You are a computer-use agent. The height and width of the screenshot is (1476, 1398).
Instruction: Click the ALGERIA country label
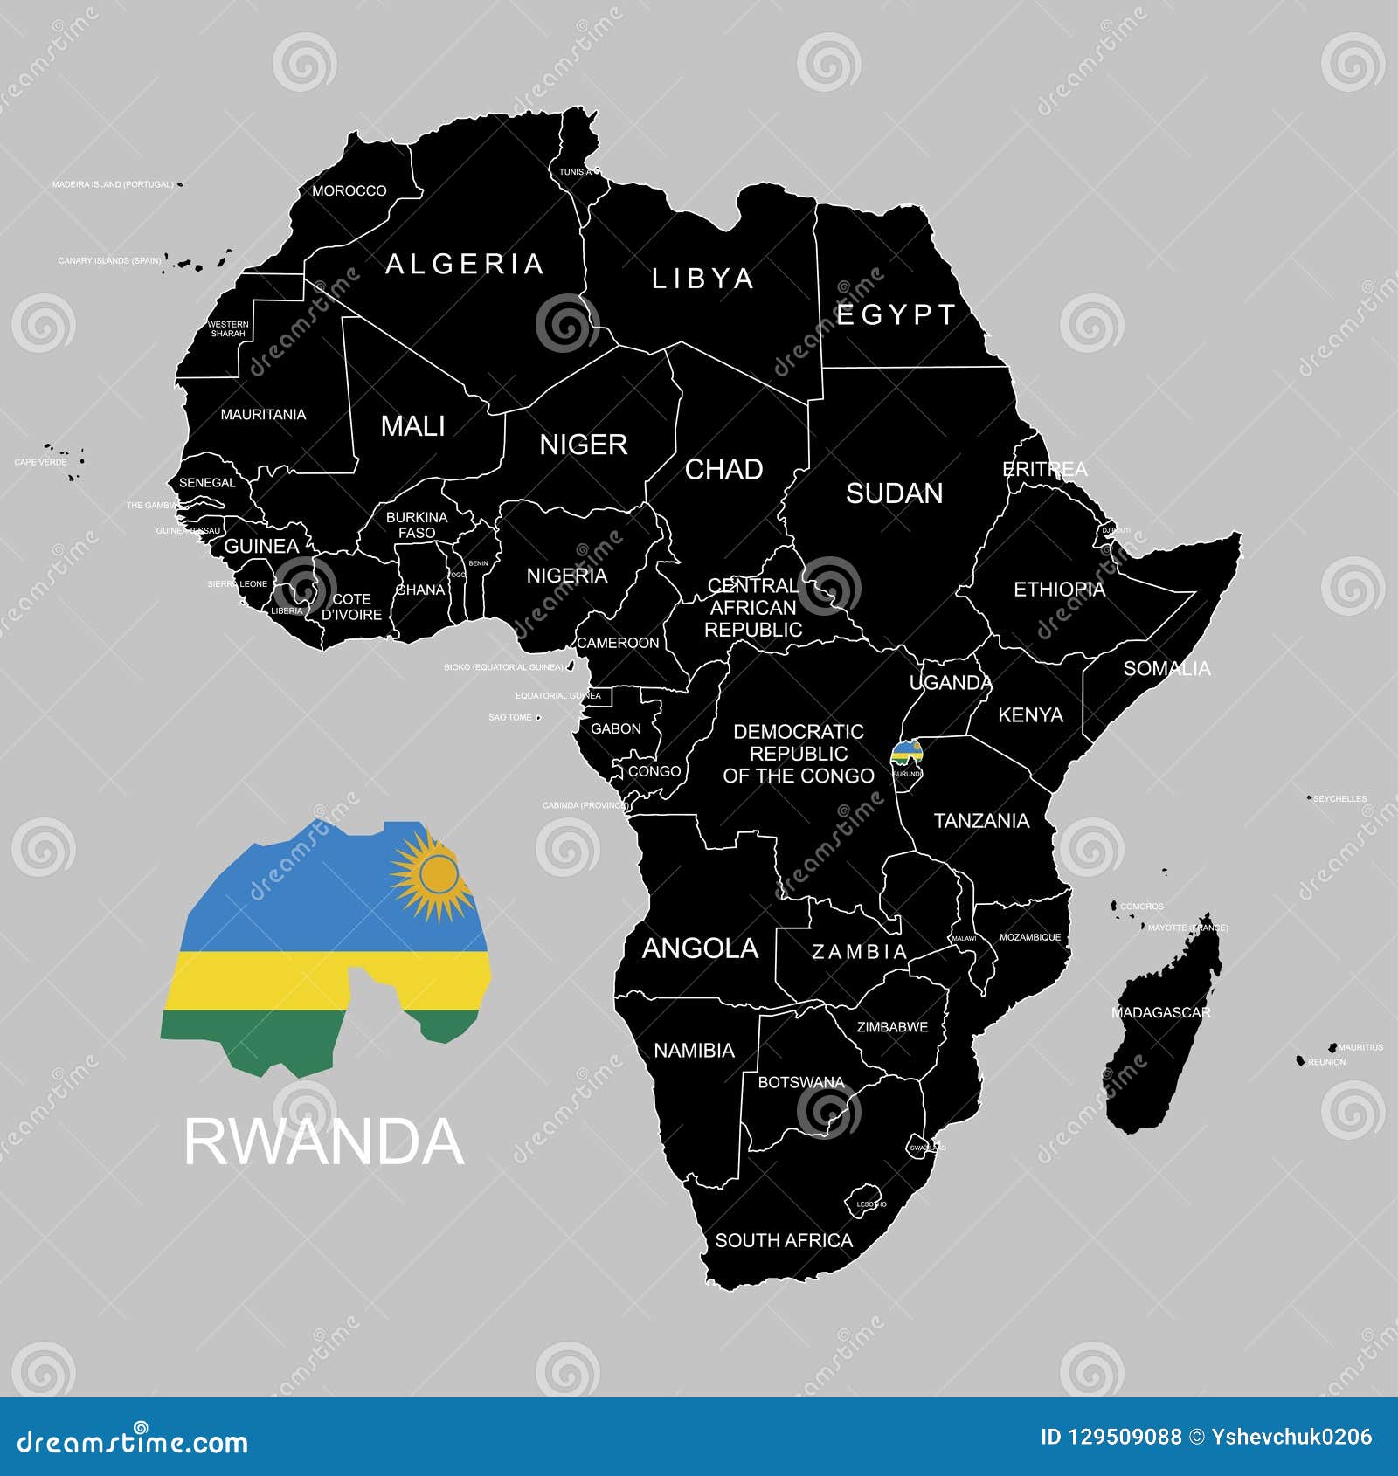pos(465,264)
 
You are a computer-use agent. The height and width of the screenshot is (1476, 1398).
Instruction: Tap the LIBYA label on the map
pos(702,279)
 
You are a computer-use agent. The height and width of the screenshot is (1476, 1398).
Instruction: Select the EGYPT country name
pos(896,314)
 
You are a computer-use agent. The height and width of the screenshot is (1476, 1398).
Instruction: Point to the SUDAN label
pos(894,493)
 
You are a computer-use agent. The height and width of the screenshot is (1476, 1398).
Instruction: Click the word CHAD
pos(723,469)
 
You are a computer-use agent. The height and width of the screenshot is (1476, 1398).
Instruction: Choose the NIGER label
pos(583,445)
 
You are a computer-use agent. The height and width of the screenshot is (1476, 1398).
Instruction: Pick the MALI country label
pos(412,426)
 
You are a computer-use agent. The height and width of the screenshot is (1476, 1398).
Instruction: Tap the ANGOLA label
pos(700,948)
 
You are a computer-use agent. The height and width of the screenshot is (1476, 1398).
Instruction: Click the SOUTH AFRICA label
pos(784,1240)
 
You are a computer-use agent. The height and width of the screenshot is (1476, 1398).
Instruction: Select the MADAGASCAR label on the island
pos(1160,1012)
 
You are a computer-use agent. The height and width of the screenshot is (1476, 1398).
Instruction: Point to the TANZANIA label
pos(981,821)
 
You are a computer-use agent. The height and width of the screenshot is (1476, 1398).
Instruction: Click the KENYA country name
pos(1030,715)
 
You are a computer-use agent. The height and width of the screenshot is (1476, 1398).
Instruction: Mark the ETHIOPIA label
pos(1059,590)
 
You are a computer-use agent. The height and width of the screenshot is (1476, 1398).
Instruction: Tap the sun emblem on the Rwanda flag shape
pos(437,875)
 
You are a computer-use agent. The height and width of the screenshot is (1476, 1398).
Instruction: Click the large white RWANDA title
pos(323,1141)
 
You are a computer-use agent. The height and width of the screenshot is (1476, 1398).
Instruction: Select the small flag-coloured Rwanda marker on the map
pos(906,753)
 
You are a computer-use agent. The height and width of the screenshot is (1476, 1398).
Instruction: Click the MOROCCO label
pos(349,190)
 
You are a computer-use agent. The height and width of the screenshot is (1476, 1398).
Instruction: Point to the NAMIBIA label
pos(694,1050)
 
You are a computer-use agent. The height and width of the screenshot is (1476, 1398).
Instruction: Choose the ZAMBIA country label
pos(860,952)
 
